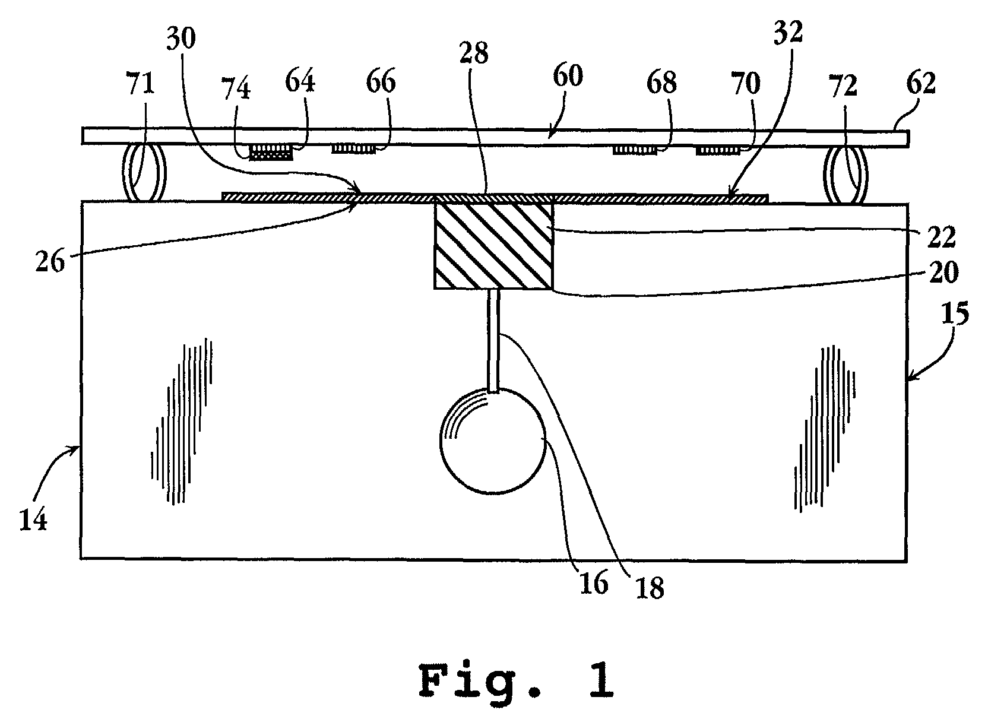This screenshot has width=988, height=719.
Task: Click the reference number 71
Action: coord(140,84)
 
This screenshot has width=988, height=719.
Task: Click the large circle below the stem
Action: coord(492,440)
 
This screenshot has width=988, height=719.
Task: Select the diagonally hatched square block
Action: coord(493,245)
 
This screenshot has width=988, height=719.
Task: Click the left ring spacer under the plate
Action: coord(144,172)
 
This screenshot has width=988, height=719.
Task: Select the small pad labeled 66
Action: coord(353,148)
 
